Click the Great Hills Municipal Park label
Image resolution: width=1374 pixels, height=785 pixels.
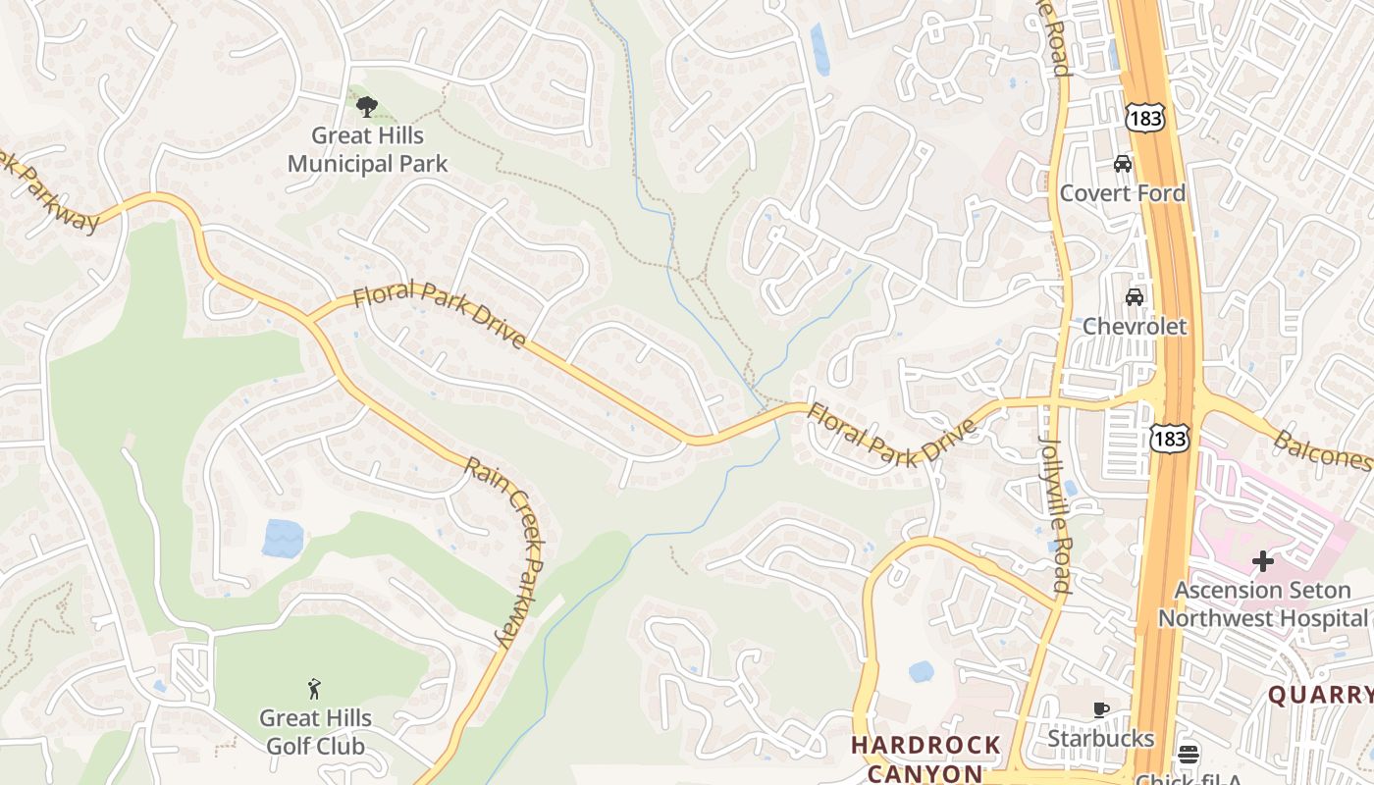[x=367, y=149]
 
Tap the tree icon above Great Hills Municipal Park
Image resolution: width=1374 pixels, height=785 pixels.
[x=367, y=106]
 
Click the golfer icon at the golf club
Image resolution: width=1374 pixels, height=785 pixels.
[x=314, y=689]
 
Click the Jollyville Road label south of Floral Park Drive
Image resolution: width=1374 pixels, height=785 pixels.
[x=1055, y=514]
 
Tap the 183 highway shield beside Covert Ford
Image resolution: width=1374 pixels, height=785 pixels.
[x=1145, y=119]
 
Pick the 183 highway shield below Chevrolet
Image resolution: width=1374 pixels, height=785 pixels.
[x=1172, y=439]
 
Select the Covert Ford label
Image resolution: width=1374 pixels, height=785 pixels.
[x=1122, y=192]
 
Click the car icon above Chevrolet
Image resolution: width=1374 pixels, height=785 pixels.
[x=1135, y=296]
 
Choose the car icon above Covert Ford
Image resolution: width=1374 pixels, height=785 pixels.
[x=1123, y=163]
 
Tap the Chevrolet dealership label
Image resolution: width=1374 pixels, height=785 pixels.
[x=1135, y=326]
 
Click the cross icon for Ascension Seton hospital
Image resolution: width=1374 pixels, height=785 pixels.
[x=1263, y=561]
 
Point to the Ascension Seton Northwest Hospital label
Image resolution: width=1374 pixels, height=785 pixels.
[x=1262, y=604]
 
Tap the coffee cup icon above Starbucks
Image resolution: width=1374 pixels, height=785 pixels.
[x=1101, y=709]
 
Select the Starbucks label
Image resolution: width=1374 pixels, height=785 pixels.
[x=1101, y=737]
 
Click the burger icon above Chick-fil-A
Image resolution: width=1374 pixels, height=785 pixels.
[x=1189, y=755]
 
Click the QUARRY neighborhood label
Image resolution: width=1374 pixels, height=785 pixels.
[x=1320, y=696]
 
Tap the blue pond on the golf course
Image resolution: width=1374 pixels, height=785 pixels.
[x=283, y=538]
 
